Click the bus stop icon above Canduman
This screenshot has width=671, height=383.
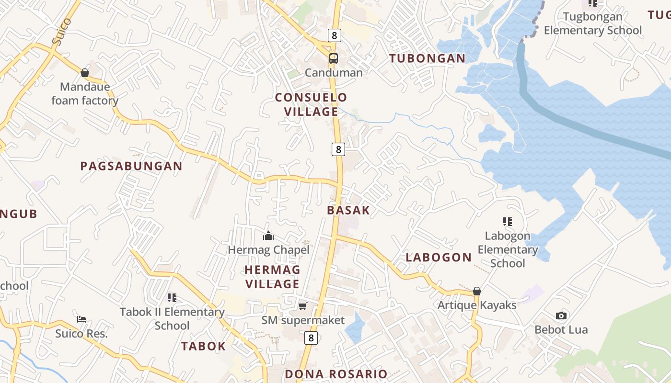334,58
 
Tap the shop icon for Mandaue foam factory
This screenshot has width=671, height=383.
85,73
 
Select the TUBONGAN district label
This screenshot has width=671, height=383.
427,58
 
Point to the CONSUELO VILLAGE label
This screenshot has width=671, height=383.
311,104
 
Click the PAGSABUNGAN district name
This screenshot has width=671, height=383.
131,166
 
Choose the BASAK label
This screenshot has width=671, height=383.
348,210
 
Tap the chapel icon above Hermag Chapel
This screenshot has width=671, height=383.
268,236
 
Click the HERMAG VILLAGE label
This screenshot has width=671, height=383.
272,277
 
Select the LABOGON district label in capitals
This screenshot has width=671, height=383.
439,257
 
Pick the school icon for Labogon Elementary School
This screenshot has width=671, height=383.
508,221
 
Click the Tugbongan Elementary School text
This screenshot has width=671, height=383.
592,23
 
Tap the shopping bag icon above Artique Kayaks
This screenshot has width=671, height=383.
477,291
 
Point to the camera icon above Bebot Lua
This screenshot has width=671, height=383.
561,315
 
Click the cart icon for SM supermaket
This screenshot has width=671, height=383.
302,306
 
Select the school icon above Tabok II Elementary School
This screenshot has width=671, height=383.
172,298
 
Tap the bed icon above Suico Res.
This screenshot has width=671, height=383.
81,319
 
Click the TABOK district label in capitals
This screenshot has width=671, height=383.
203,346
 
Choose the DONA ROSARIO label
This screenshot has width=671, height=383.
336,374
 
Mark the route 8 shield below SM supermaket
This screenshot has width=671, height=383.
311,338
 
